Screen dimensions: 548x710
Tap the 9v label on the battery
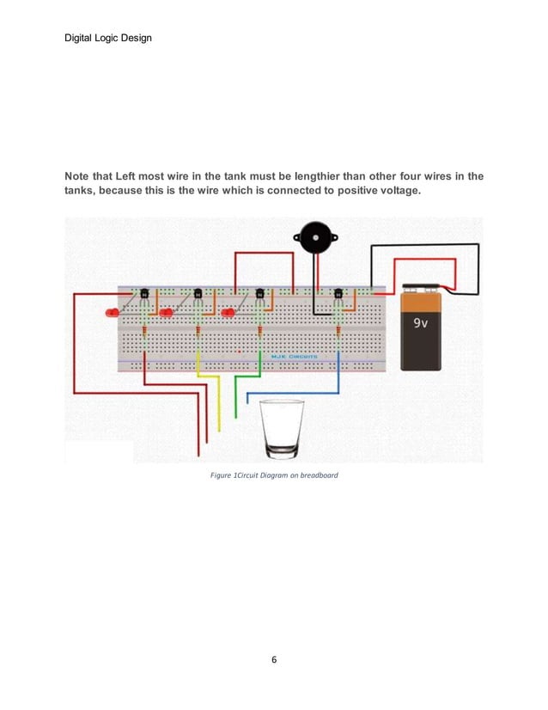click(423, 325)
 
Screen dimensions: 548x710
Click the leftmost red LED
click(112, 313)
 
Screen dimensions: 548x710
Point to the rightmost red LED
click(228, 313)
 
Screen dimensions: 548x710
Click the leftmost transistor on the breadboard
click(144, 296)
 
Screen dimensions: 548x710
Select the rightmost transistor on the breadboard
click(338, 296)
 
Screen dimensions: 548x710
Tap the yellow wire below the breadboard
click(219, 404)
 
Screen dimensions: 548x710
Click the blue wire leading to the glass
click(292, 394)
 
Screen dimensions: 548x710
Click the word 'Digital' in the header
click(82, 37)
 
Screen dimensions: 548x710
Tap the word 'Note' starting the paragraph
click(80, 177)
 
